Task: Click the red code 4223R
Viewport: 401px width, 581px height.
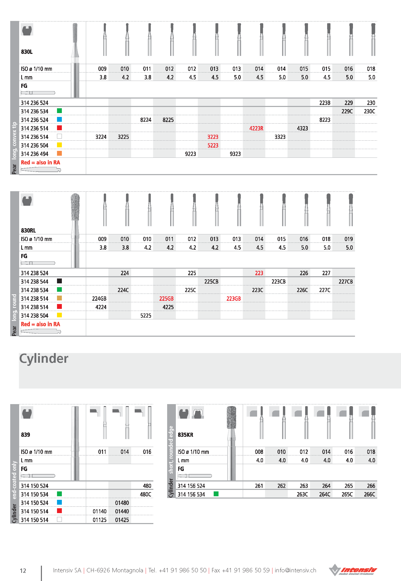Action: [256, 128]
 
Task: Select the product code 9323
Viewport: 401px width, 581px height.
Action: [235, 154]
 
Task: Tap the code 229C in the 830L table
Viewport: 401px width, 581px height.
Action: [347, 111]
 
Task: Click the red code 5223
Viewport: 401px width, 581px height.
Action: [213, 146]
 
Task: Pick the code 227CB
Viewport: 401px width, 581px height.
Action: [346, 282]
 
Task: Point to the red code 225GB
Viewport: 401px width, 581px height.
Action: [166, 299]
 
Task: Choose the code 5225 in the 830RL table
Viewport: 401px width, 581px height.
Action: [146, 316]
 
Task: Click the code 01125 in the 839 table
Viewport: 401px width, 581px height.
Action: [99, 520]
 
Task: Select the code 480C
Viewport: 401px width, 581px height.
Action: [145, 494]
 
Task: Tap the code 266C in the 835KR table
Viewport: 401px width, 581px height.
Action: [369, 494]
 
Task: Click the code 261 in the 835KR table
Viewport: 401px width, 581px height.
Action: [259, 486]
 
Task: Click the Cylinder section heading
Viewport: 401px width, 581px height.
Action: [44, 359]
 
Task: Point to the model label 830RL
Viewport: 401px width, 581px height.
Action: [28, 231]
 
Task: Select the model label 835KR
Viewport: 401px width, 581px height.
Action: [185, 435]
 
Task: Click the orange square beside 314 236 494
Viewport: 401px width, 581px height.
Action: [60, 153]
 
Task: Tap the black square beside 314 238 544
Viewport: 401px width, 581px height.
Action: [60, 281]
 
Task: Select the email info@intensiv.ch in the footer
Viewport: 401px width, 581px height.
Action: [295, 570]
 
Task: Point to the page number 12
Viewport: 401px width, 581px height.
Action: [23, 571]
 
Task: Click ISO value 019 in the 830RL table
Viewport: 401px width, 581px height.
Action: [348, 239]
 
